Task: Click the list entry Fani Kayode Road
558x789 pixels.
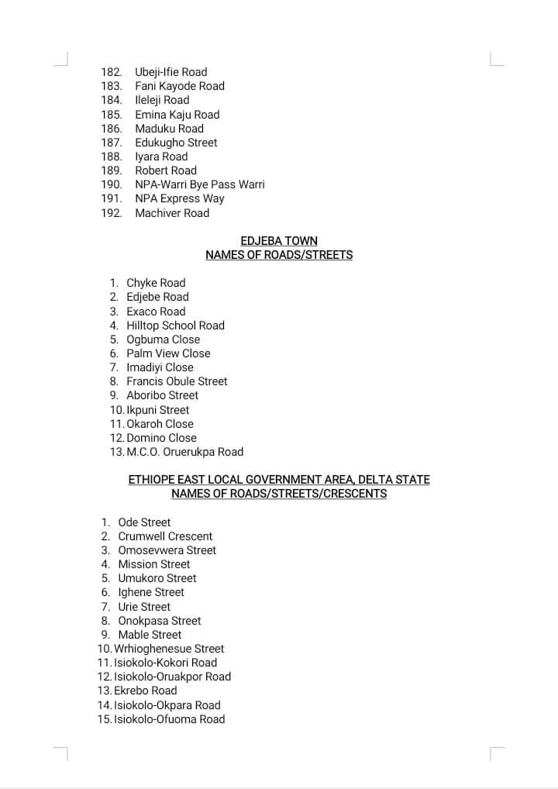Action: (x=180, y=86)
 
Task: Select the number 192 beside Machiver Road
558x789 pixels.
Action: (x=112, y=213)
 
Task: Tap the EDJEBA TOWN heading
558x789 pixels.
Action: (x=279, y=241)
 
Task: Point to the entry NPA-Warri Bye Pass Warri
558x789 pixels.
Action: (x=199, y=184)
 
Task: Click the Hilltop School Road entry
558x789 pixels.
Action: (x=175, y=326)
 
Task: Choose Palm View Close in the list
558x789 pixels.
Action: (x=168, y=353)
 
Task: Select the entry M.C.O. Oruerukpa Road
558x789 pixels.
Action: (x=184, y=452)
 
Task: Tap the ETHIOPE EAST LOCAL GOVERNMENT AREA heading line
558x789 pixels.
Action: (x=279, y=480)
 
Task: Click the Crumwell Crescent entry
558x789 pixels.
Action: (x=165, y=536)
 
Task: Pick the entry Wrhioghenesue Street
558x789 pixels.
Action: (x=169, y=649)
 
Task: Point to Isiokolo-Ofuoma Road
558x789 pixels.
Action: (x=169, y=719)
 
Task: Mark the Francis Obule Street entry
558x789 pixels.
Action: (x=177, y=381)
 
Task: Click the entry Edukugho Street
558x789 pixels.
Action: (x=176, y=143)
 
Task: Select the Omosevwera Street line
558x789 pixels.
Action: (x=167, y=550)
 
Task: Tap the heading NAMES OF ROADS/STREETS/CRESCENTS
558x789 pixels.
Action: (x=279, y=494)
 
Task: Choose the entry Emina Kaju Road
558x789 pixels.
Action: (x=177, y=115)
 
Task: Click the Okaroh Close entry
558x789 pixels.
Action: (x=160, y=424)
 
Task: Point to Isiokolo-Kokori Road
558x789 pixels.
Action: (x=165, y=663)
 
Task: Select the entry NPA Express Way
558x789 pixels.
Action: (x=179, y=198)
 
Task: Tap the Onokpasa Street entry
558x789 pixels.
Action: (x=159, y=621)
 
